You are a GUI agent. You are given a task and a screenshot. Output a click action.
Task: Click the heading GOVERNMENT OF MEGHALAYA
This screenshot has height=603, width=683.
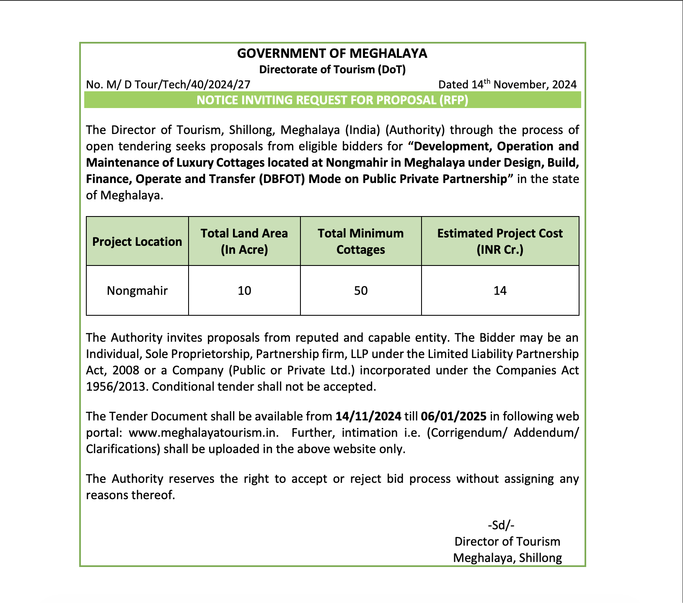[x=332, y=54]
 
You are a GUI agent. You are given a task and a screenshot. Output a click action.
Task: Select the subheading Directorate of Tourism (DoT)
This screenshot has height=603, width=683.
[x=332, y=70]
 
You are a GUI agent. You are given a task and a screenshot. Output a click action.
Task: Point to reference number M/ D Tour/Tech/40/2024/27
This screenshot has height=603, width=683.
[x=178, y=85]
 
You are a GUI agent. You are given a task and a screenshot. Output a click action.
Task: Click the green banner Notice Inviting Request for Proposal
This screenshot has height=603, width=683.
[x=332, y=100]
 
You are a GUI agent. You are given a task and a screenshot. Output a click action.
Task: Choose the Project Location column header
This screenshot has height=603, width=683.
[x=137, y=242]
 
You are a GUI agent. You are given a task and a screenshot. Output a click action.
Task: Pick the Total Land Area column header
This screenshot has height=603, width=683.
[x=244, y=241]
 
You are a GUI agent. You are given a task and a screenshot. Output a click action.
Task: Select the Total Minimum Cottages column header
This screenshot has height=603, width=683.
[x=361, y=241]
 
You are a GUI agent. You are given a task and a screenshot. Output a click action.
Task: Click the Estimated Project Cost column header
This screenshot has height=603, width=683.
[x=500, y=241]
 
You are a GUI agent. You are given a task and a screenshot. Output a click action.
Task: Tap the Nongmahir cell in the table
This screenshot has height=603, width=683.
[x=137, y=291]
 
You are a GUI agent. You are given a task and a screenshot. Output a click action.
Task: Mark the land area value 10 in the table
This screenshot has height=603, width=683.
[x=244, y=291]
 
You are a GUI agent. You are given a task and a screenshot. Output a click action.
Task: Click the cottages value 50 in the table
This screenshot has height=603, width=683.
[x=361, y=291]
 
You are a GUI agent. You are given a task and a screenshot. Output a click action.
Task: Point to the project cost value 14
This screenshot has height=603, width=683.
[x=500, y=291]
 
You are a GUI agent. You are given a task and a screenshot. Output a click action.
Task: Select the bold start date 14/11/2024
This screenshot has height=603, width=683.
[x=368, y=416]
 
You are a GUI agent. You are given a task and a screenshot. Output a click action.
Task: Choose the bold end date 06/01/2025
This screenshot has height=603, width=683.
[x=454, y=416]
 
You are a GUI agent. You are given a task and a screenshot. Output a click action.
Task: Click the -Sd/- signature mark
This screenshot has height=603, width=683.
[x=501, y=525]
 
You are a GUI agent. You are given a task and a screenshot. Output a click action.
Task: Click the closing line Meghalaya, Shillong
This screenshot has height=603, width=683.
[x=507, y=558]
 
